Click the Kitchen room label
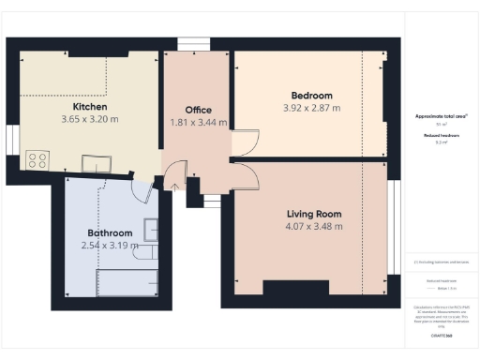click(x=90, y=107)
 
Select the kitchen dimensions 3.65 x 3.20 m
click(x=90, y=120)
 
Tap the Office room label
click(x=197, y=111)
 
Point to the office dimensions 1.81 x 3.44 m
click(x=197, y=123)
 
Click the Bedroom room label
click(x=311, y=96)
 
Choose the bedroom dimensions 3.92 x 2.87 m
click(x=311, y=108)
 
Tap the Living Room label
click(x=314, y=214)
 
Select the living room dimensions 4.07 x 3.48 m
click(x=314, y=226)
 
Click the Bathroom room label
click(x=110, y=232)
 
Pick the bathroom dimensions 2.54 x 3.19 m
click(x=110, y=246)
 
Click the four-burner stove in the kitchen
click(x=37, y=160)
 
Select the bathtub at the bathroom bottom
click(x=129, y=282)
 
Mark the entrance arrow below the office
click(x=174, y=186)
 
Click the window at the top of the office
click(x=196, y=41)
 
